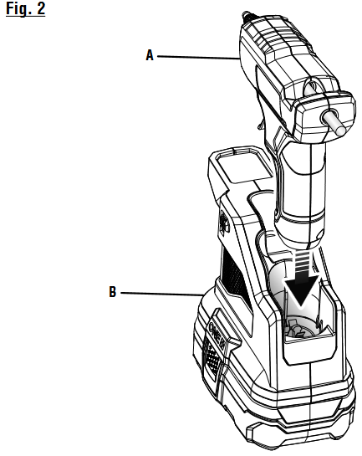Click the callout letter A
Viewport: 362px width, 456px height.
[150, 55]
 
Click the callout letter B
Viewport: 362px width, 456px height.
[112, 292]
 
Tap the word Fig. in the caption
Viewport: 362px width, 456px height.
[18, 8]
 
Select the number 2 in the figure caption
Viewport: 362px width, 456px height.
[41, 8]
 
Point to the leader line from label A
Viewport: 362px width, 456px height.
[198, 57]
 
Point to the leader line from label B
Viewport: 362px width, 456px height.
[162, 294]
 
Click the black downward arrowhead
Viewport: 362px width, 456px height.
[301, 291]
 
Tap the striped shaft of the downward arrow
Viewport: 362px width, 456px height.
[303, 264]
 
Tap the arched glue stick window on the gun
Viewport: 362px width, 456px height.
[313, 87]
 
